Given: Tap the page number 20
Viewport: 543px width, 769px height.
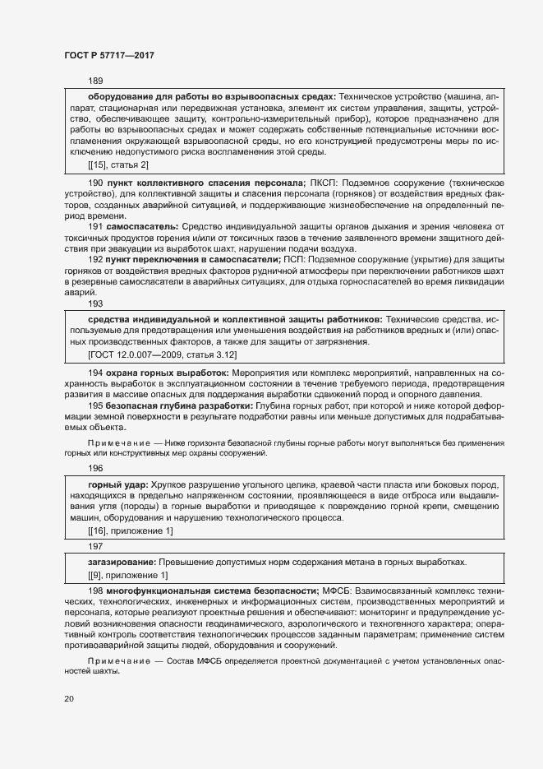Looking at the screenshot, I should pyautogui.click(x=69, y=698).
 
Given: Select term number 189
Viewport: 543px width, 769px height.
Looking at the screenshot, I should pyautogui.click(x=95, y=81).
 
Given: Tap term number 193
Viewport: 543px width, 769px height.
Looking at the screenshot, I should pyautogui.click(x=95, y=303).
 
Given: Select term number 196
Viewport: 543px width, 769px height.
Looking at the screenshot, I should pyautogui.click(x=95, y=468).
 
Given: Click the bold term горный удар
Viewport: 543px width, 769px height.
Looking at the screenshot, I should pyautogui.click(x=118, y=484).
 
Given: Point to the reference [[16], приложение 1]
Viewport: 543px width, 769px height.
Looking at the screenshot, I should pyautogui.click(x=130, y=531).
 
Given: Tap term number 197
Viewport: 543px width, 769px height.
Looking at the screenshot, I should pyautogui.click(x=95, y=545).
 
